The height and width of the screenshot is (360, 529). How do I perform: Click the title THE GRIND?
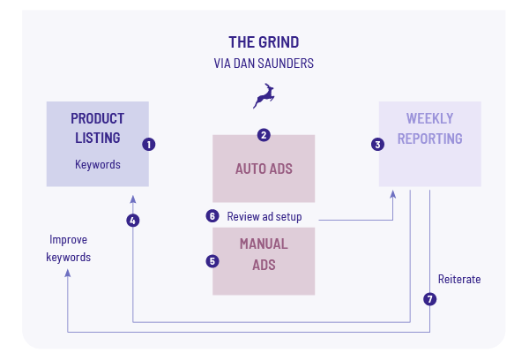tap(264, 41)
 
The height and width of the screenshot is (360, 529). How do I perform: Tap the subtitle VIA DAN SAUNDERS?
tap(264, 64)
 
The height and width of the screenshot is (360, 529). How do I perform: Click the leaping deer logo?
tap(264, 95)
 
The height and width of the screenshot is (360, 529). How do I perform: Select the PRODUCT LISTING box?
tap(97, 143)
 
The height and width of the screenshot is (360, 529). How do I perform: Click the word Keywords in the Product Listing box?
tap(97, 164)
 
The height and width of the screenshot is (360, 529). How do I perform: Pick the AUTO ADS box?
tap(264, 169)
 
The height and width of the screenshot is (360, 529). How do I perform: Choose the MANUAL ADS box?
tap(264, 261)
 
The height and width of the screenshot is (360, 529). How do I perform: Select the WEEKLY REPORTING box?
tap(429, 143)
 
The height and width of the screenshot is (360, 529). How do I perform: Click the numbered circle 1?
tap(149, 144)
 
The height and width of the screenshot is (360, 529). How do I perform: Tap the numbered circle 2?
tap(264, 135)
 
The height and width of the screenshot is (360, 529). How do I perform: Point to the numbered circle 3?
tap(378, 144)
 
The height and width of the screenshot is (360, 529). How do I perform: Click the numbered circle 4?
tap(132, 221)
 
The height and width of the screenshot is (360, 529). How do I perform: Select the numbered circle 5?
tap(212, 261)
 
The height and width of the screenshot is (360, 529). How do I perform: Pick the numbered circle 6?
tap(212, 215)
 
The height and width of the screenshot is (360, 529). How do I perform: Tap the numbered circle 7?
tap(429, 299)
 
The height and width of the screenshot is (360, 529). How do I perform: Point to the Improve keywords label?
tap(70, 248)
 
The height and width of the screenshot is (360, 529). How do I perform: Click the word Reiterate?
tap(459, 280)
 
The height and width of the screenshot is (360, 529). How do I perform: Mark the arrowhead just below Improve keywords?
tap(69, 274)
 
